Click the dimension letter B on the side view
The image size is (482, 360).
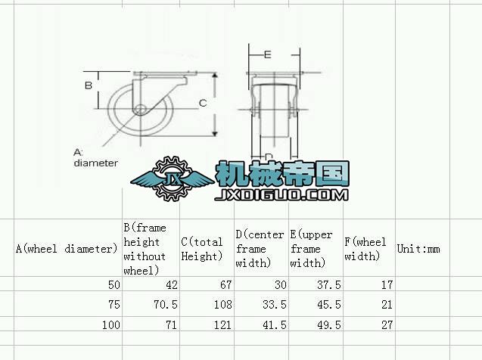coord(88,85)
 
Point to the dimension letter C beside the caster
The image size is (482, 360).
coord(203,102)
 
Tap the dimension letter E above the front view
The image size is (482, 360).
coord(268,54)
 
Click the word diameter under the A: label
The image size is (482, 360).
coord(95,162)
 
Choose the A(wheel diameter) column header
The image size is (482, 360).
coord(67,248)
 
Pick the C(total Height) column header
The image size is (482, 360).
coord(202,249)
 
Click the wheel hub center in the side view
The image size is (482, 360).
coord(138,108)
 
